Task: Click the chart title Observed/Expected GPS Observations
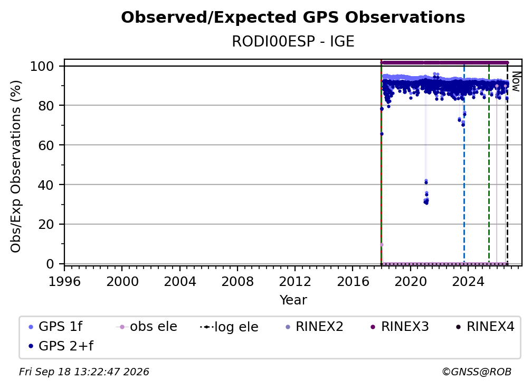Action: coord(293,17)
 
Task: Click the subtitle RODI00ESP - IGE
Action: coord(293,42)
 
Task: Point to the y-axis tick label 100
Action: coord(42,66)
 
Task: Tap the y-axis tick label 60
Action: coord(46,145)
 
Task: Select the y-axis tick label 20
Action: coord(46,225)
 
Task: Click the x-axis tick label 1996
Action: coord(64,282)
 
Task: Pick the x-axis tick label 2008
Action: coord(237,282)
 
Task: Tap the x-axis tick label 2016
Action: coord(353,282)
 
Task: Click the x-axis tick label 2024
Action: coord(468,282)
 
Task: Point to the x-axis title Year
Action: coord(293,300)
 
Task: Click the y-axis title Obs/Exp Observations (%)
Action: coord(16,167)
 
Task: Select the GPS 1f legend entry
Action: coord(55,327)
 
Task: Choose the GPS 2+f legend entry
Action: coord(61,346)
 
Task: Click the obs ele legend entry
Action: coord(147,327)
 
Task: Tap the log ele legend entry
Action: coord(230,327)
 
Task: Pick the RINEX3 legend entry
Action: coord(400,327)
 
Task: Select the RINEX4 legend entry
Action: coord(485,327)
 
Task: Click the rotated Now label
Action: coord(516,81)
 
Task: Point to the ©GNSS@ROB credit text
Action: coord(477,372)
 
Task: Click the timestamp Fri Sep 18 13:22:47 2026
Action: coord(84,372)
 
